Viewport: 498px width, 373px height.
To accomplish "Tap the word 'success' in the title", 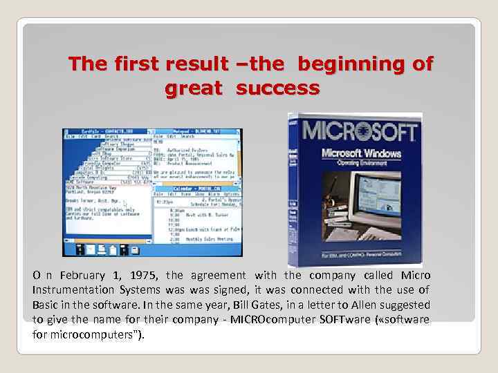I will [277, 88].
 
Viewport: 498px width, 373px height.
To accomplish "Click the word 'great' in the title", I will [194, 88].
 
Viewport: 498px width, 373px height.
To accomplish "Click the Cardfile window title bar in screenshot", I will [107, 131].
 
